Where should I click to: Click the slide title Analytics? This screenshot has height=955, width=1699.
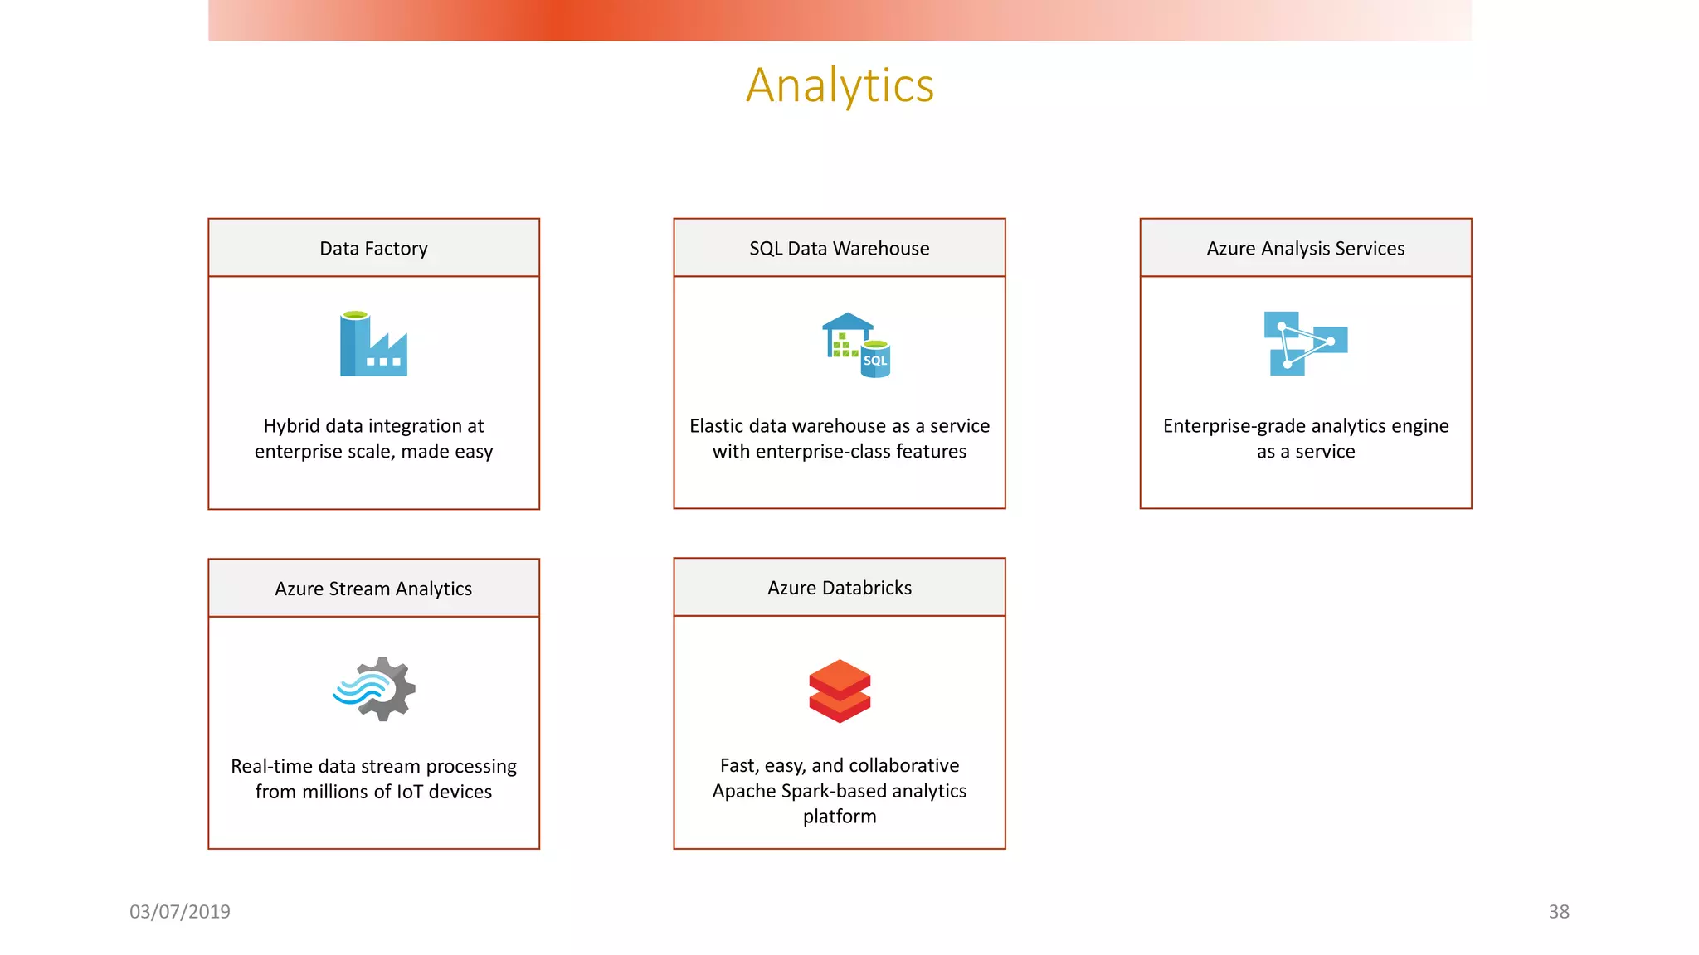click(840, 85)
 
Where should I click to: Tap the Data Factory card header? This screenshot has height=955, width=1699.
click(373, 248)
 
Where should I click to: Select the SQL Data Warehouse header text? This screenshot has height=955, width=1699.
click(839, 248)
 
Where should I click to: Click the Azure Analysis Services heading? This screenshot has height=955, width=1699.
click(1305, 248)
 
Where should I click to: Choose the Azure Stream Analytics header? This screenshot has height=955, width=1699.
click(373, 589)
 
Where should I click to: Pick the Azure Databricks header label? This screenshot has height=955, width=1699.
click(839, 588)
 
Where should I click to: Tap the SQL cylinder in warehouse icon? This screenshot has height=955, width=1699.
click(875, 360)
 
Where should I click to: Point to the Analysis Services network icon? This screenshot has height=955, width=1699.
click(1305, 343)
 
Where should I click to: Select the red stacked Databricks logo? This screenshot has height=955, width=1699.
click(840, 691)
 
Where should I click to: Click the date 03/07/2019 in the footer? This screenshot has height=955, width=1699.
click(180, 912)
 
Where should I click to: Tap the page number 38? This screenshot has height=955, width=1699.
click(1558, 912)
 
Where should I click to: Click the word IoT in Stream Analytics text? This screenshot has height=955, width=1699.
click(410, 792)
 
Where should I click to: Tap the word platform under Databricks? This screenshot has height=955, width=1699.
click(839, 817)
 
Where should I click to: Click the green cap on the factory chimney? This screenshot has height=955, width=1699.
click(355, 315)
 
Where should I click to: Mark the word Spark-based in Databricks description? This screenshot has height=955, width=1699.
click(834, 791)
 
